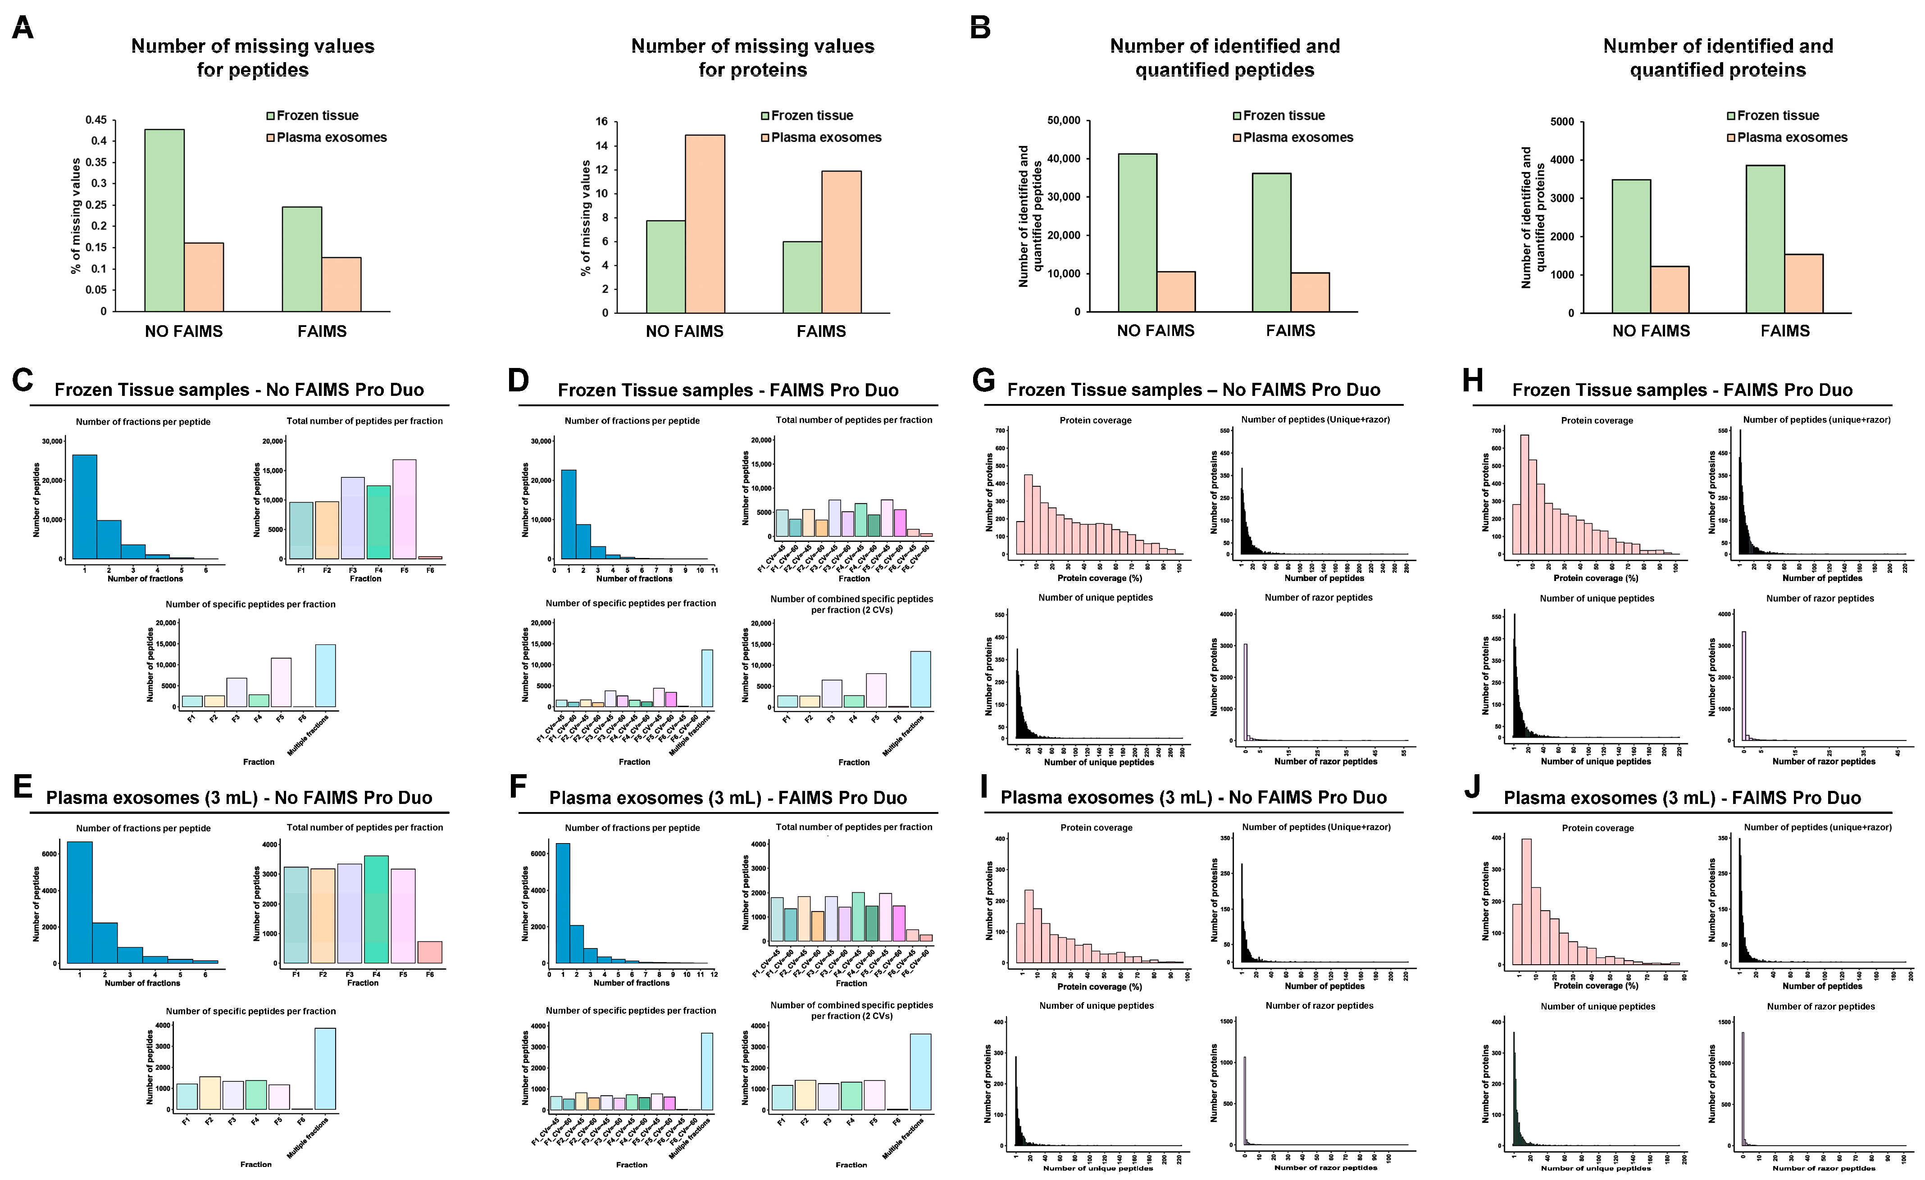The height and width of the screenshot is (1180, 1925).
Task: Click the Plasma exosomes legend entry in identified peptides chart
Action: click(x=1297, y=137)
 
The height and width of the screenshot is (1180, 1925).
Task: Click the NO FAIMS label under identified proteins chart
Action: click(x=1650, y=331)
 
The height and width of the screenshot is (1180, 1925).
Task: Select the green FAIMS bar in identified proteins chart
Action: click(x=1764, y=239)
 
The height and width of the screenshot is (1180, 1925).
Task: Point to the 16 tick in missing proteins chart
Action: click(x=601, y=122)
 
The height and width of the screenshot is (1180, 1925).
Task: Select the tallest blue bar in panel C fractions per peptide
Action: click(x=84, y=507)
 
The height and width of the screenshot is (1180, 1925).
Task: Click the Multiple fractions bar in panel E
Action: click(x=325, y=1068)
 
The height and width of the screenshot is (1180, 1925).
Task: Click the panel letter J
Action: click(x=1472, y=788)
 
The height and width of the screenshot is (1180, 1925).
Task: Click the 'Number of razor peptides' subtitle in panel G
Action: click(x=1318, y=597)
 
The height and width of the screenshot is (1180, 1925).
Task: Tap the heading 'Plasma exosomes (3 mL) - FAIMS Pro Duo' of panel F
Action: click(x=728, y=797)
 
